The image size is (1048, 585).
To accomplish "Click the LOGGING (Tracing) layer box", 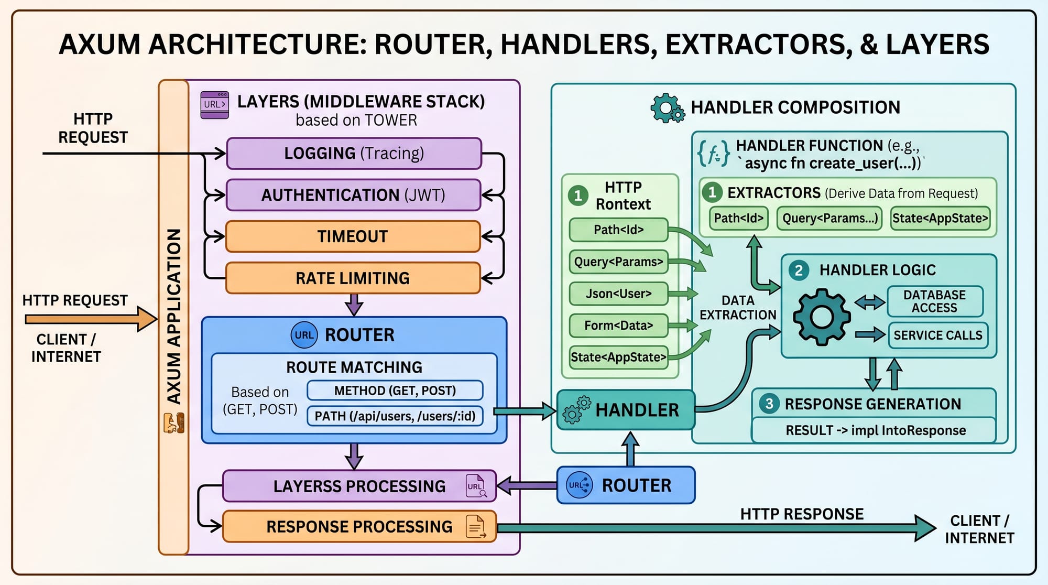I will tap(354, 154).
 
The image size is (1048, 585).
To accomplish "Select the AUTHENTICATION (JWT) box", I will tap(353, 195).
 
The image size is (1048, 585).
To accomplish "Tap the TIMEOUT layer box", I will tap(353, 236).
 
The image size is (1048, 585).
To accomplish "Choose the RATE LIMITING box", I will tap(353, 278).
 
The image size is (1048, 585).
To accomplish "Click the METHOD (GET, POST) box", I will tap(395, 391).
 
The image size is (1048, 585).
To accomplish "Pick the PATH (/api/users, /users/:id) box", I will tap(395, 416).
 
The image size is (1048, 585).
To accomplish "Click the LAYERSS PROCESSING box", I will tap(359, 486).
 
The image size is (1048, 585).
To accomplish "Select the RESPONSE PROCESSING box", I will tap(359, 526).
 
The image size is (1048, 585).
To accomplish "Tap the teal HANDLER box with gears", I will tap(626, 410).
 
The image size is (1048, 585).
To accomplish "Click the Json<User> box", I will tap(618, 294).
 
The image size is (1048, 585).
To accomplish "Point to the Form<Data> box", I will tap(618, 326).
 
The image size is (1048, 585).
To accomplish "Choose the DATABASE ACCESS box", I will tap(934, 301).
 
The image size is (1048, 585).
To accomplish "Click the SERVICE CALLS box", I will tap(937, 335).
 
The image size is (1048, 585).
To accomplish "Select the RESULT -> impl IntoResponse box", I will tap(875, 430).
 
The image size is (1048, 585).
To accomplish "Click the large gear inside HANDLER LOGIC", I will tap(821, 317).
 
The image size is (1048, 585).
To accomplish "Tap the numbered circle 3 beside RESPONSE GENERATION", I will tap(769, 404).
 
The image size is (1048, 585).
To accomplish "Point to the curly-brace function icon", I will tap(713, 154).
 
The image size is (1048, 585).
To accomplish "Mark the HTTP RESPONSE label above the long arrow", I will tap(802, 514).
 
